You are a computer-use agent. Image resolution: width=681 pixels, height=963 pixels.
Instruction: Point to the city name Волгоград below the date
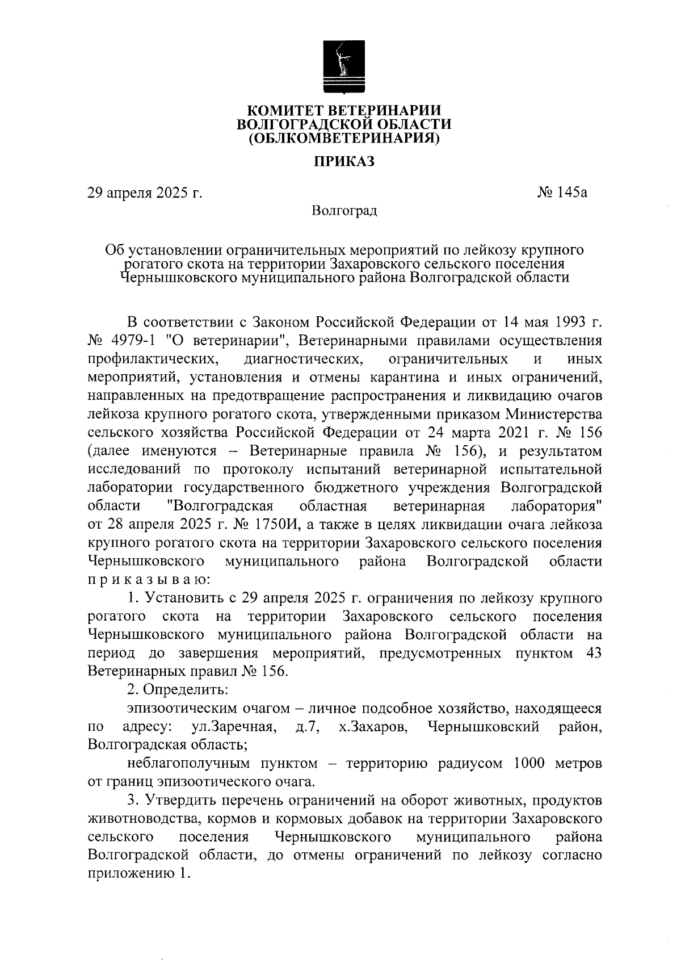point(344,211)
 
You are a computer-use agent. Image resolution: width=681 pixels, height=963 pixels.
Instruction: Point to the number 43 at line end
point(592,653)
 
